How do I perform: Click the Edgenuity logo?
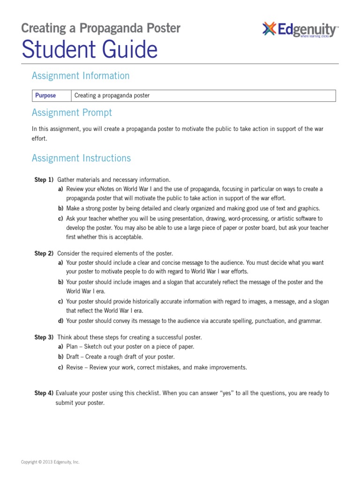[300, 30]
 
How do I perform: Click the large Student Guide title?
[89, 50]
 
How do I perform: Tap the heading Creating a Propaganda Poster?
[100, 28]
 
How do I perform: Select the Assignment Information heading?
[80, 75]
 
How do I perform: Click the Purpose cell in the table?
[45, 96]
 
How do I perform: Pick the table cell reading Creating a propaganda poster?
[112, 96]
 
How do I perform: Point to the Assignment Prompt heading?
[72, 112]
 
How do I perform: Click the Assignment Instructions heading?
[81, 158]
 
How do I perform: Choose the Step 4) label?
[44, 393]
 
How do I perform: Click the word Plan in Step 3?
[72, 347]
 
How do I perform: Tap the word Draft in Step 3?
[74, 357]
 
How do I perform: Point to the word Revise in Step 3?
[75, 367]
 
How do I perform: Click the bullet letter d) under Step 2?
[60, 321]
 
